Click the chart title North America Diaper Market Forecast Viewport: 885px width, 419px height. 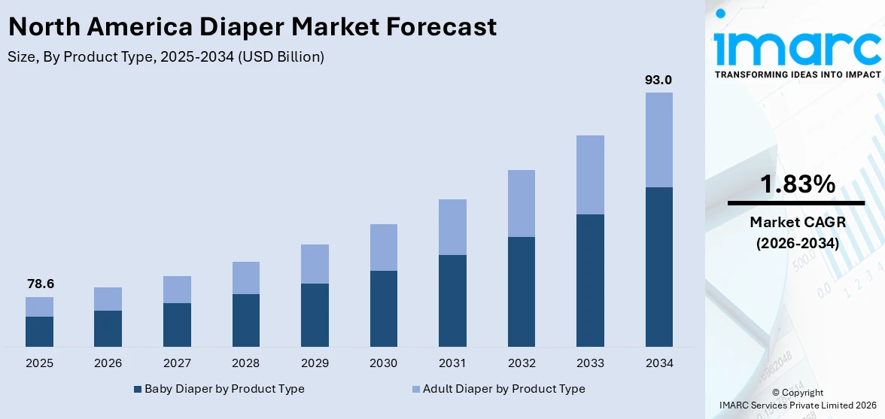pos(252,27)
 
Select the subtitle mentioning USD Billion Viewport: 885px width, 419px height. pos(166,57)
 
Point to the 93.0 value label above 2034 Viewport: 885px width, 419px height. pos(658,80)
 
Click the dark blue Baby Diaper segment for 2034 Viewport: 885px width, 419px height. pos(658,266)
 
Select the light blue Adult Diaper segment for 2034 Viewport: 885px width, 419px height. pos(658,140)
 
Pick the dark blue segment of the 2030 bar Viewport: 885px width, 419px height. pos(383,308)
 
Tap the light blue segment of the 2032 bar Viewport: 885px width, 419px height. pos(521,203)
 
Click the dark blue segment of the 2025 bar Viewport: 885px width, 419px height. pos(39,331)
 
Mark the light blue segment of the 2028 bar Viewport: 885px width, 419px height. pos(245,278)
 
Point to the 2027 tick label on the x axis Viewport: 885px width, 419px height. pos(177,363)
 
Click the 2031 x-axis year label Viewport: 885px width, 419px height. pos(452,363)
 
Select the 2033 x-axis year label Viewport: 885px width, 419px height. pos(590,363)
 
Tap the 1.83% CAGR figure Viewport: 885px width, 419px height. pos(796,184)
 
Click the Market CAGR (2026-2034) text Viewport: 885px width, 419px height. pos(796,232)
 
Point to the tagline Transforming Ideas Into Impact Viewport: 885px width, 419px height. pos(796,74)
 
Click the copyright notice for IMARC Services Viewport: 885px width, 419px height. pos(797,399)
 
